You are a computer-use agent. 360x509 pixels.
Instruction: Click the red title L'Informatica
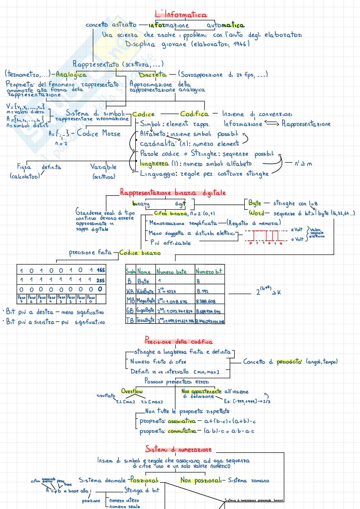(x=181, y=15)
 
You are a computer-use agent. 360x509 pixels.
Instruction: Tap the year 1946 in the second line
(x=240, y=44)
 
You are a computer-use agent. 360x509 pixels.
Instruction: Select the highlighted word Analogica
(x=71, y=75)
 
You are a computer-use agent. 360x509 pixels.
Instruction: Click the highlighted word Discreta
(x=153, y=75)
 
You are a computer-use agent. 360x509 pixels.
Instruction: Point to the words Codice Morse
(x=98, y=133)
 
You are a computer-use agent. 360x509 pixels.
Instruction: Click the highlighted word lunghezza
(x=154, y=164)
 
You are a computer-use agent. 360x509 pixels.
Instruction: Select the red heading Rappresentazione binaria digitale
(x=173, y=193)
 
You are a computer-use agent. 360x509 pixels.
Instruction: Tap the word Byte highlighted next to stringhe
(x=255, y=203)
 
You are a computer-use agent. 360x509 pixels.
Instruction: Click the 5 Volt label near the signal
(x=297, y=229)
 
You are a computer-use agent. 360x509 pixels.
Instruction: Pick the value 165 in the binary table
(x=101, y=270)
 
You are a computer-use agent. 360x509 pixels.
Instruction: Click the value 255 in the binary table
(x=101, y=280)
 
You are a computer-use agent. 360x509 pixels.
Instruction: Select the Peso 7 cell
(x=22, y=299)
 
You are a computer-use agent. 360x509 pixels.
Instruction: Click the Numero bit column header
(x=209, y=271)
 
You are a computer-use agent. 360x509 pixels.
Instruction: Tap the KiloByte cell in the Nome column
(x=145, y=291)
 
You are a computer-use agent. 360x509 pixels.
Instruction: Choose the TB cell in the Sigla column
(x=130, y=320)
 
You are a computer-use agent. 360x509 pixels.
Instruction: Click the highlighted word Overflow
(x=132, y=391)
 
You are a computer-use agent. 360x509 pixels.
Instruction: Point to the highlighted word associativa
(x=182, y=421)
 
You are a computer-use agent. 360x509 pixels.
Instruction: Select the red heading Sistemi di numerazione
(x=178, y=449)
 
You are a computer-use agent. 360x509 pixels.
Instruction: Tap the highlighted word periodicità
(x=289, y=362)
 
